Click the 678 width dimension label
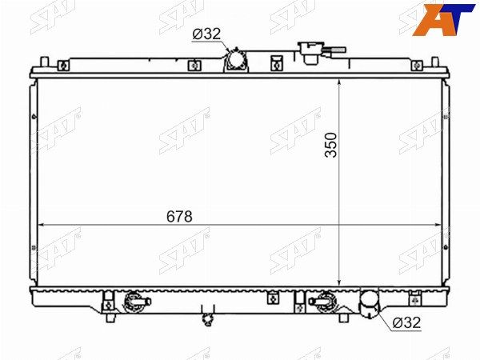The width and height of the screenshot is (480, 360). point(179,217)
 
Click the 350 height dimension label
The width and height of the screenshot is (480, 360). point(331,145)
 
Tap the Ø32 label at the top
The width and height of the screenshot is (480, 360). point(206,34)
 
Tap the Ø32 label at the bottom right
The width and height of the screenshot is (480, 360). point(407,322)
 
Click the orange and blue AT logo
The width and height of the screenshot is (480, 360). point(443,19)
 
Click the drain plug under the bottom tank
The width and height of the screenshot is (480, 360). point(208,320)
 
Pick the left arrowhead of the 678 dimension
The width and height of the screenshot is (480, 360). point(41,225)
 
